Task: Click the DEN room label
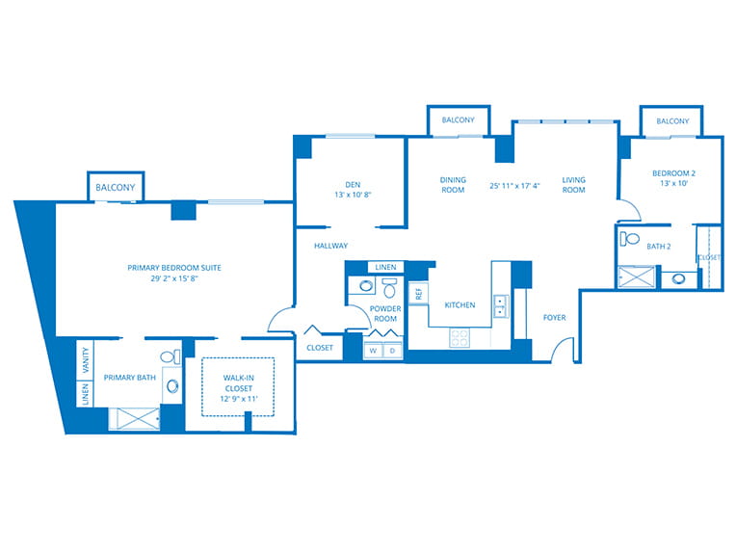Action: pyautogui.click(x=353, y=184)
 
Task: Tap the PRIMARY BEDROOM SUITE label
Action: pyautogui.click(x=174, y=268)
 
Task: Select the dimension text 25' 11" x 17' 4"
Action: pyautogui.click(x=514, y=185)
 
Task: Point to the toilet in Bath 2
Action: pyautogui.click(x=629, y=239)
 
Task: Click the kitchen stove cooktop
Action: pyautogui.click(x=460, y=337)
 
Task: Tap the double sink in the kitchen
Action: pyautogui.click(x=501, y=306)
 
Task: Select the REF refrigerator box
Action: pyautogui.click(x=418, y=294)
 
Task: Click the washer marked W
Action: pyautogui.click(x=373, y=350)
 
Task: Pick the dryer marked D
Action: pyautogui.click(x=392, y=350)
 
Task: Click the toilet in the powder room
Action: pyautogui.click(x=389, y=288)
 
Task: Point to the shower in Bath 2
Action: pyautogui.click(x=636, y=276)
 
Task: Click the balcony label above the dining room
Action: pyautogui.click(x=459, y=119)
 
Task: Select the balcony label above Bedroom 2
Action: pyautogui.click(x=672, y=121)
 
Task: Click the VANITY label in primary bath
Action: pyautogui.click(x=86, y=360)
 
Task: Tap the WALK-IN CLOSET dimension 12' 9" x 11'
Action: pyautogui.click(x=239, y=399)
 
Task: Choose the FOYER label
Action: pyautogui.click(x=554, y=318)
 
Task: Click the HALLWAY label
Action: pyautogui.click(x=331, y=246)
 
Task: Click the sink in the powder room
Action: pyautogui.click(x=365, y=285)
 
